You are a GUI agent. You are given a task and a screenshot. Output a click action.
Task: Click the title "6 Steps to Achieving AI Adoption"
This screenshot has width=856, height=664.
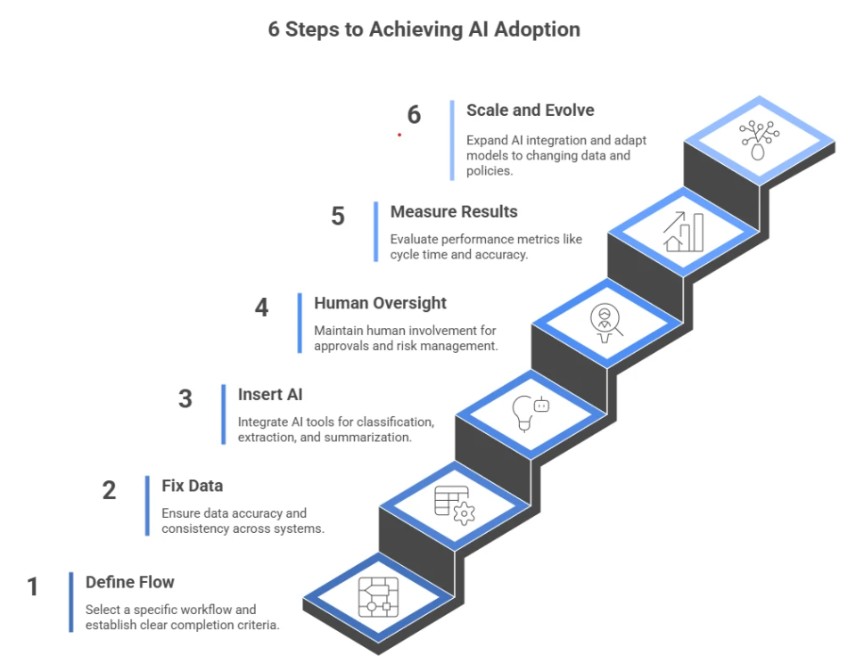(424, 29)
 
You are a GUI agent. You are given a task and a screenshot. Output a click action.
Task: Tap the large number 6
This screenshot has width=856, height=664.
(414, 115)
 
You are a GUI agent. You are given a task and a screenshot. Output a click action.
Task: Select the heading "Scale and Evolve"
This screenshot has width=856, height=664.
(530, 111)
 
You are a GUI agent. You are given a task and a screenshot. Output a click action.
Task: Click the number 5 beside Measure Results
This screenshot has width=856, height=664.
(338, 217)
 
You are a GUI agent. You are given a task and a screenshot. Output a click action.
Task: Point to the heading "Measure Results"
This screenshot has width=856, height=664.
(453, 212)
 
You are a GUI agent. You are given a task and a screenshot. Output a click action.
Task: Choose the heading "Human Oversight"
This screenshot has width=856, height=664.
(380, 303)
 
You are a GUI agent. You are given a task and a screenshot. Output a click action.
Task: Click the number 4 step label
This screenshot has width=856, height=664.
(261, 307)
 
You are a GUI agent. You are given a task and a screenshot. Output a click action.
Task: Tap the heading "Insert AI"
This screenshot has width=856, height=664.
(271, 394)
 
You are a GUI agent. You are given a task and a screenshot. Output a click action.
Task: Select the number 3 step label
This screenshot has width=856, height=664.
(185, 398)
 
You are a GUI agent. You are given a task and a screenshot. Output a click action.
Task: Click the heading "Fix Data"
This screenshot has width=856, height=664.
(192, 486)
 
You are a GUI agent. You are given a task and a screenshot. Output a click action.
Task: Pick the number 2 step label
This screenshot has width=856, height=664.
(109, 490)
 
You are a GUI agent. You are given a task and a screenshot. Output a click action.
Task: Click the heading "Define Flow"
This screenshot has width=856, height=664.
(129, 582)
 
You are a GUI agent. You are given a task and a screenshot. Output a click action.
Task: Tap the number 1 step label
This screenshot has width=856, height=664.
(33, 587)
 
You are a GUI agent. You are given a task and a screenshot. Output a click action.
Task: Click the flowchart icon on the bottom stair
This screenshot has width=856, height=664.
(379, 596)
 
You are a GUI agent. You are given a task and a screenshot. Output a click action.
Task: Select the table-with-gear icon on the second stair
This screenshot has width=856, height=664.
(455, 504)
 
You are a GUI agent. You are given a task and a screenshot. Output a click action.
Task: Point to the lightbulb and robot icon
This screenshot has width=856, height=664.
(531, 413)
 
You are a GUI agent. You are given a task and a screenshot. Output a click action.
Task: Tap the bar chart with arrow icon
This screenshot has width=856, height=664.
(683, 232)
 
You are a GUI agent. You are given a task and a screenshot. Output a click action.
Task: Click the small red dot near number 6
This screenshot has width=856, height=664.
(399, 135)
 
